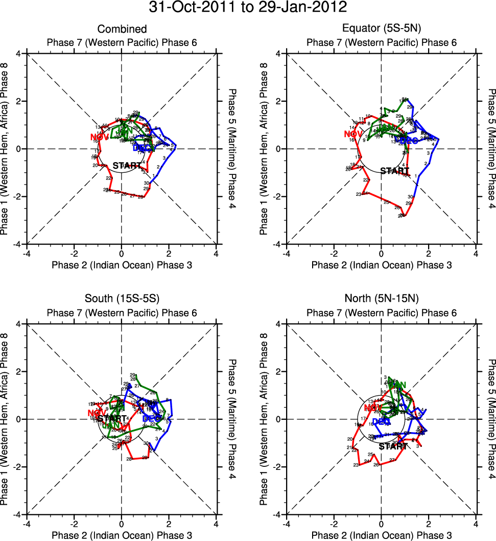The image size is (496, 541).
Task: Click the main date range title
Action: pos(248,8)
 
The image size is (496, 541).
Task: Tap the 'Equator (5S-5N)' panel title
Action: pos(381,29)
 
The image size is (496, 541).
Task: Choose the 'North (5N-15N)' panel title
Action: pos(381,300)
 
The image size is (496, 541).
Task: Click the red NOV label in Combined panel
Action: pos(100,137)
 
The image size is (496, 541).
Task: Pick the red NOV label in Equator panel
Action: pos(353,134)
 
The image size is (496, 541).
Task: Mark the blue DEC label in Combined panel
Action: pos(144,148)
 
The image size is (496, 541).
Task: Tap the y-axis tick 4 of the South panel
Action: pos(18,324)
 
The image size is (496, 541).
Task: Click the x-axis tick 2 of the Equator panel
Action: pos(429,254)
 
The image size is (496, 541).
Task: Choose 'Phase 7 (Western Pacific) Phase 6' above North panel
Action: pos(381,313)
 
